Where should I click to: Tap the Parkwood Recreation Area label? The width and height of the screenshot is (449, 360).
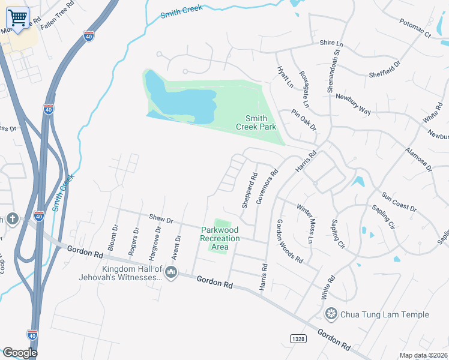click(220, 238)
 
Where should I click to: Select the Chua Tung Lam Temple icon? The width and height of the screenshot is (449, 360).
click(331, 314)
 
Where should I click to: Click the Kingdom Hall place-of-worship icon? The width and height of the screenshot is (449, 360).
click(171, 273)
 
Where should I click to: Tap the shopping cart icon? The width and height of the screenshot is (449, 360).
click(19, 17)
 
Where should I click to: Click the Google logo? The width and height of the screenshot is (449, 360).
click(20, 353)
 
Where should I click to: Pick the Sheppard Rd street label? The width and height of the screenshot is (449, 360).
click(249, 191)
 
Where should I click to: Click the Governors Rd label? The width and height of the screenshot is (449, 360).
click(267, 186)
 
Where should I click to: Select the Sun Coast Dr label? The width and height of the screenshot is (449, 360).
click(399, 202)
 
